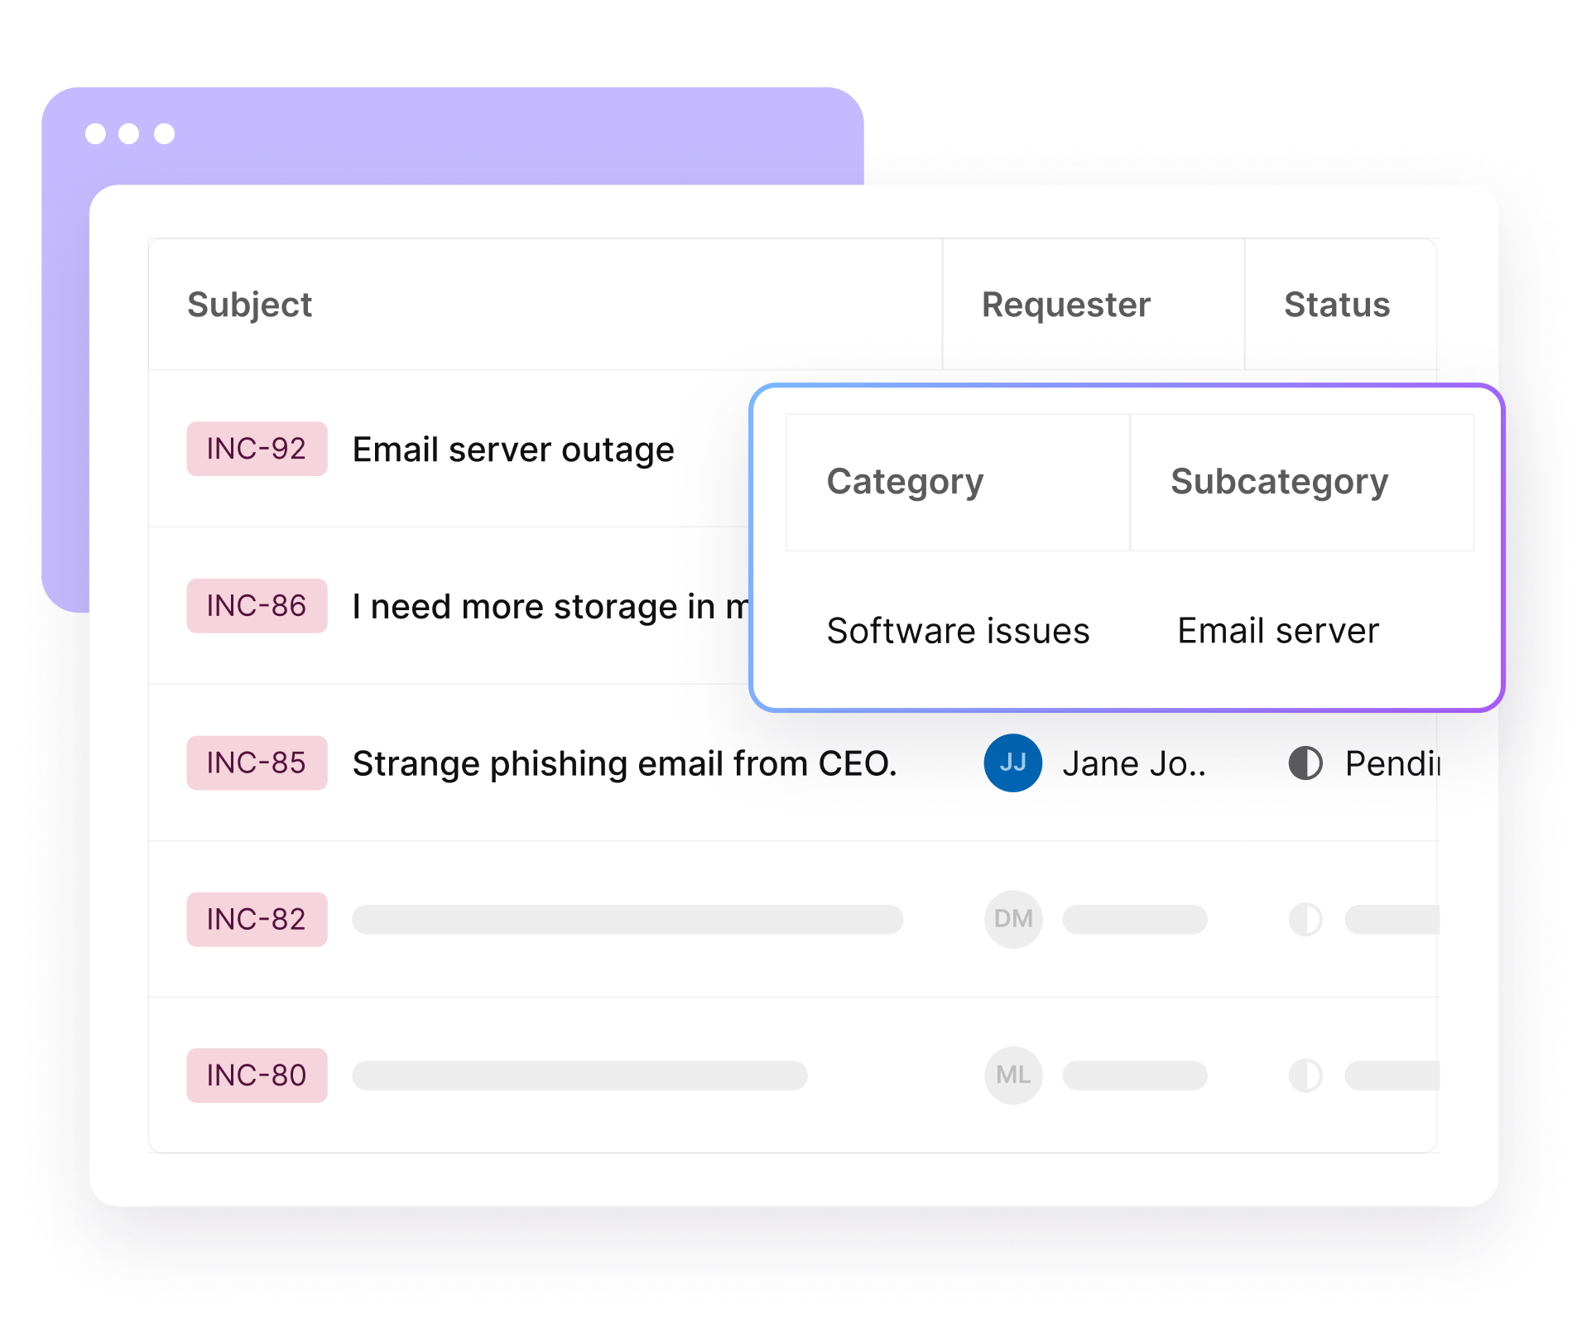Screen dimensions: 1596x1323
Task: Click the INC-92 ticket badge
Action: pos(257,449)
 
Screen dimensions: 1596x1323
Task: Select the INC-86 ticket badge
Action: pos(257,606)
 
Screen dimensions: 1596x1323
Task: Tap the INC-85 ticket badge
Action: pos(257,763)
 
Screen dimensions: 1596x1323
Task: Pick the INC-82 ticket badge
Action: pos(257,919)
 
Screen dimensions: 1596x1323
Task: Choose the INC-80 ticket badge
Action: pos(257,1075)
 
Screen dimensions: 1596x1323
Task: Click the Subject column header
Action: pos(249,305)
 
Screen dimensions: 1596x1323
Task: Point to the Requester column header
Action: pos(1066,305)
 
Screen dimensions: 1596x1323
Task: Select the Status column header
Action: pos(1337,305)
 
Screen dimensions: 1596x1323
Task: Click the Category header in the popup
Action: pos(905,482)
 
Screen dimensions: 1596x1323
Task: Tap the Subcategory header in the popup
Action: pos(1279,482)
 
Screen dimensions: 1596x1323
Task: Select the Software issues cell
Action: pos(958,631)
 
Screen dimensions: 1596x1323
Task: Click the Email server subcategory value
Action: pos(1278,631)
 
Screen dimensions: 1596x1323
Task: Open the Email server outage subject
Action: pos(513,450)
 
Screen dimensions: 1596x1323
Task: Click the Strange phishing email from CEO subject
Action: pos(625,763)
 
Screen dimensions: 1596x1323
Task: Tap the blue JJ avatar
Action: pos(1013,763)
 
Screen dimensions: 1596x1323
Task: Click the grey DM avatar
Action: pos(1013,919)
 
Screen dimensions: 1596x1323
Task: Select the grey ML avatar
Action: pos(1013,1075)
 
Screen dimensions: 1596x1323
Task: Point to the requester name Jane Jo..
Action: pos(1134,763)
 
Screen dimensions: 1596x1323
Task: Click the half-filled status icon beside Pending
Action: pos(1305,763)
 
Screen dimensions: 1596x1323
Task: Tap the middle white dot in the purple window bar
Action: pos(128,133)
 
